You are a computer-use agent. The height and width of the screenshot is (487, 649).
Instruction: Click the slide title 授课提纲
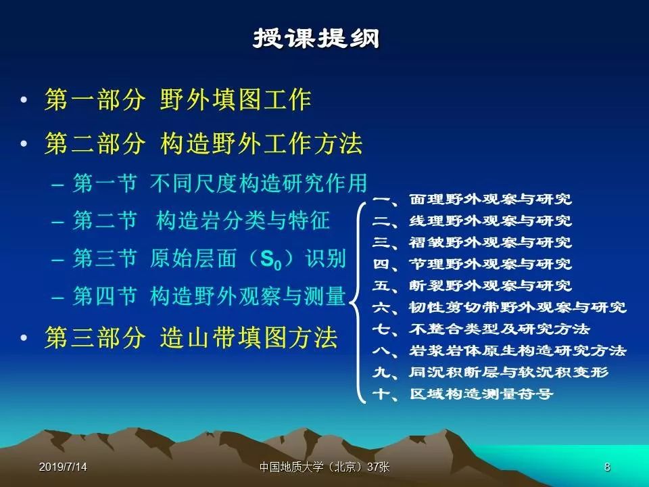click(316, 38)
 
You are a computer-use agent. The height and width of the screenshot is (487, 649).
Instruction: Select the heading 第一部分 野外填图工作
click(178, 99)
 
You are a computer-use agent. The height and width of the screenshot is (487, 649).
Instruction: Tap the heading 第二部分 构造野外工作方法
click(203, 143)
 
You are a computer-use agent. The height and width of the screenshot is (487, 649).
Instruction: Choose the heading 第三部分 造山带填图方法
click(191, 337)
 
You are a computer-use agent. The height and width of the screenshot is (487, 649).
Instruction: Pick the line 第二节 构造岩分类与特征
click(201, 220)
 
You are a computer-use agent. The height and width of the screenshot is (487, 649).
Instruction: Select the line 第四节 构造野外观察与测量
click(210, 296)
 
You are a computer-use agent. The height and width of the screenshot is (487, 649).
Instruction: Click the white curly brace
click(357, 302)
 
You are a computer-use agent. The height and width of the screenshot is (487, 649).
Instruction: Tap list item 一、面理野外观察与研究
click(472, 199)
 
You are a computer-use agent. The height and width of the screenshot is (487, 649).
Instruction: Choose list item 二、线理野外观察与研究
click(472, 221)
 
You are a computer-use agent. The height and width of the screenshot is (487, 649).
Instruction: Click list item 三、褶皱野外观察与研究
click(472, 242)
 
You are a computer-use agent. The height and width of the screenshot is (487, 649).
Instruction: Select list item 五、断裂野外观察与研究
click(472, 285)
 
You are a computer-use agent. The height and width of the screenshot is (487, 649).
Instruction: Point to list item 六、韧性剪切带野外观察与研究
click(499, 307)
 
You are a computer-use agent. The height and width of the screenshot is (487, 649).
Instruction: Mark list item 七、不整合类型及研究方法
click(481, 329)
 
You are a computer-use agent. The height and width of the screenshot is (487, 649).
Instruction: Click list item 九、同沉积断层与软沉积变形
click(490, 372)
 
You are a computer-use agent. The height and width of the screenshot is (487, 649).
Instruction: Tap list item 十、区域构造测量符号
click(462, 394)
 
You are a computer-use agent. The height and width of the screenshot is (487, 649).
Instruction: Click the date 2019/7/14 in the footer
click(63, 467)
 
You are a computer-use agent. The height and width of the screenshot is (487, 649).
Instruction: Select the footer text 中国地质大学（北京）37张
click(324, 467)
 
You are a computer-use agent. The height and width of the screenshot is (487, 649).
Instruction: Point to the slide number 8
click(607, 467)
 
